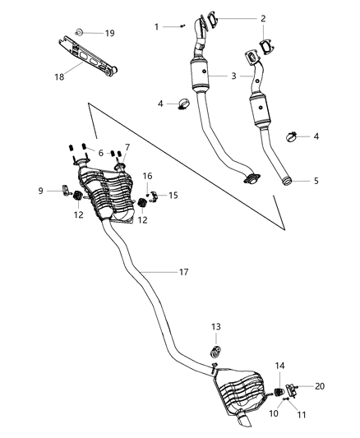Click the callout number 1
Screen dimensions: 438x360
pos(156,27)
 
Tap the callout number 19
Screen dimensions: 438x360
pos(109,33)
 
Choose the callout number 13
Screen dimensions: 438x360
pos(216,326)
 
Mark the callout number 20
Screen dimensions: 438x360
pos(320,385)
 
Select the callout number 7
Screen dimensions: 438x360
pos(127,148)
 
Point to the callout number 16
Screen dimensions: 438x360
pos(148,176)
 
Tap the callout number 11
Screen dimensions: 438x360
pos(301,416)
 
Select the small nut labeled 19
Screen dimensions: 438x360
pos(80,32)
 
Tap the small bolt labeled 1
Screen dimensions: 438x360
pos(180,27)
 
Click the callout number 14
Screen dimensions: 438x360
pos(280,365)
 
